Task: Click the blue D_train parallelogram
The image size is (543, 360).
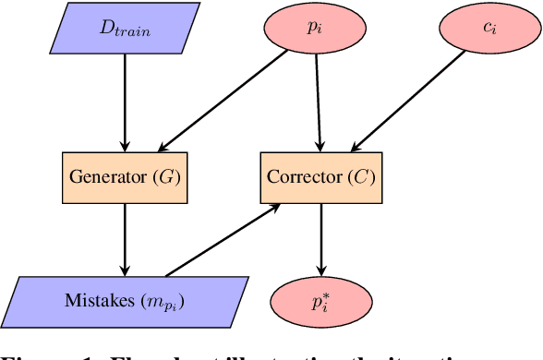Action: click(125, 29)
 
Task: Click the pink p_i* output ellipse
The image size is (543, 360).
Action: click(320, 301)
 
